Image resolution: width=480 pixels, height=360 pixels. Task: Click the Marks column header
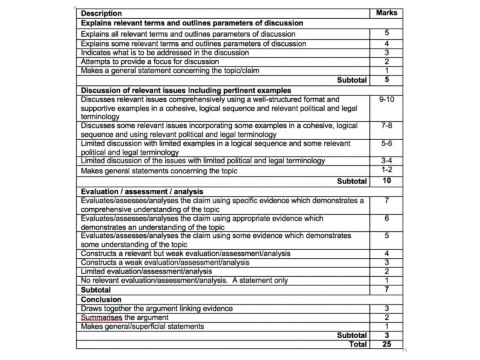point(387,13)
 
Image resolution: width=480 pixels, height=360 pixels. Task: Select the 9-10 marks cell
point(387,99)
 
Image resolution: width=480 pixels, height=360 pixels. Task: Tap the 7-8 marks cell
point(387,125)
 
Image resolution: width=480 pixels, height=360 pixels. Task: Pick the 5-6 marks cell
point(387,143)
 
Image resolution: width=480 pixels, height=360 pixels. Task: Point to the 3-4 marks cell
point(387,161)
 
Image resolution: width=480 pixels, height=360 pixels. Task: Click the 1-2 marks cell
point(387,170)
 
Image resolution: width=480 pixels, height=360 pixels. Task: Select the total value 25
point(387,344)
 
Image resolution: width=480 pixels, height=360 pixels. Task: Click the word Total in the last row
point(358,344)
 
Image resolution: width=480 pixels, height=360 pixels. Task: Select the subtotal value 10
point(387,181)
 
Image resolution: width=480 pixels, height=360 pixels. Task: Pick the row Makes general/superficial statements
point(143,326)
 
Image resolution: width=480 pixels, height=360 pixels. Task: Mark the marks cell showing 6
point(387,219)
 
